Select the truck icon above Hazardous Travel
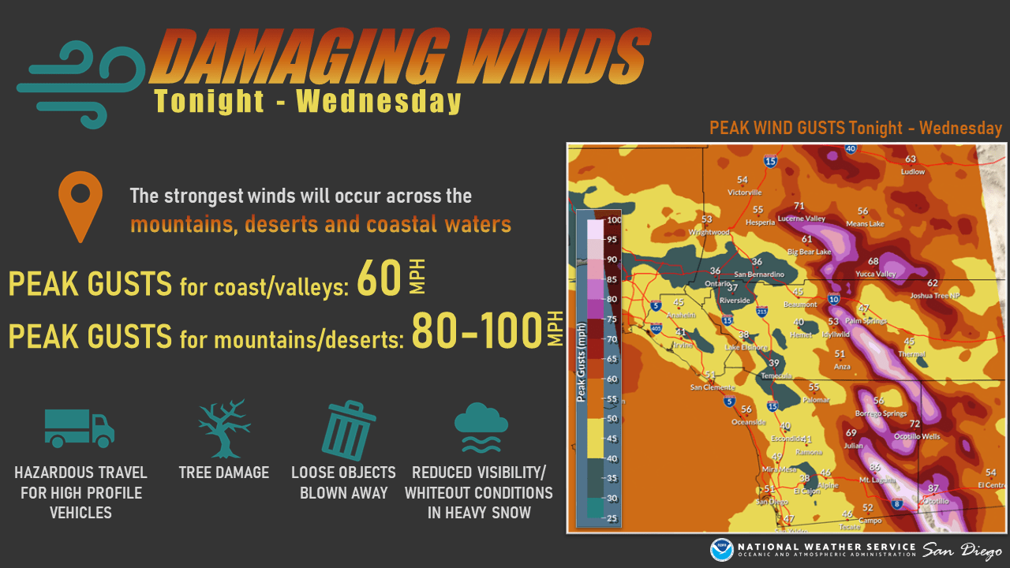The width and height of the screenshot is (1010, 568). pyautogui.click(x=79, y=429)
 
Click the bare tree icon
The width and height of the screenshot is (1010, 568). pyautogui.click(x=224, y=428)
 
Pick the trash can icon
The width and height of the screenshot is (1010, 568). pyautogui.click(x=347, y=430)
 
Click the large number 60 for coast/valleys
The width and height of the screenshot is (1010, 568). pyautogui.click(x=380, y=279)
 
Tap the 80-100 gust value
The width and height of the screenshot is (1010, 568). pyautogui.click(x=475, y=331)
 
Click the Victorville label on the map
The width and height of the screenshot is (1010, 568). pyautogui.click(x=744, y=192)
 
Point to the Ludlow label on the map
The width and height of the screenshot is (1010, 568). pyautogui.click(x=912, y=171)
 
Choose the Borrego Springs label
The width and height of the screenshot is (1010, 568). pyautogui.click(x=881, y=413)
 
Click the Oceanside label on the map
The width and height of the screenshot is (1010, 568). pyautogui.click(x=747, y=421)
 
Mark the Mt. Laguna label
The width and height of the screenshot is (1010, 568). pyautogui.click(x=875, y=479)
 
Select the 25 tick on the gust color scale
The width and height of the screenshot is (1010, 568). pyautogui.click(x=612, y=518)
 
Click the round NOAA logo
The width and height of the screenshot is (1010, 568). pyautogui.click(x=721, y=550)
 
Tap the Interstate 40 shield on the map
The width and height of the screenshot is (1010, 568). pyautogui.click(x=850, y=148)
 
